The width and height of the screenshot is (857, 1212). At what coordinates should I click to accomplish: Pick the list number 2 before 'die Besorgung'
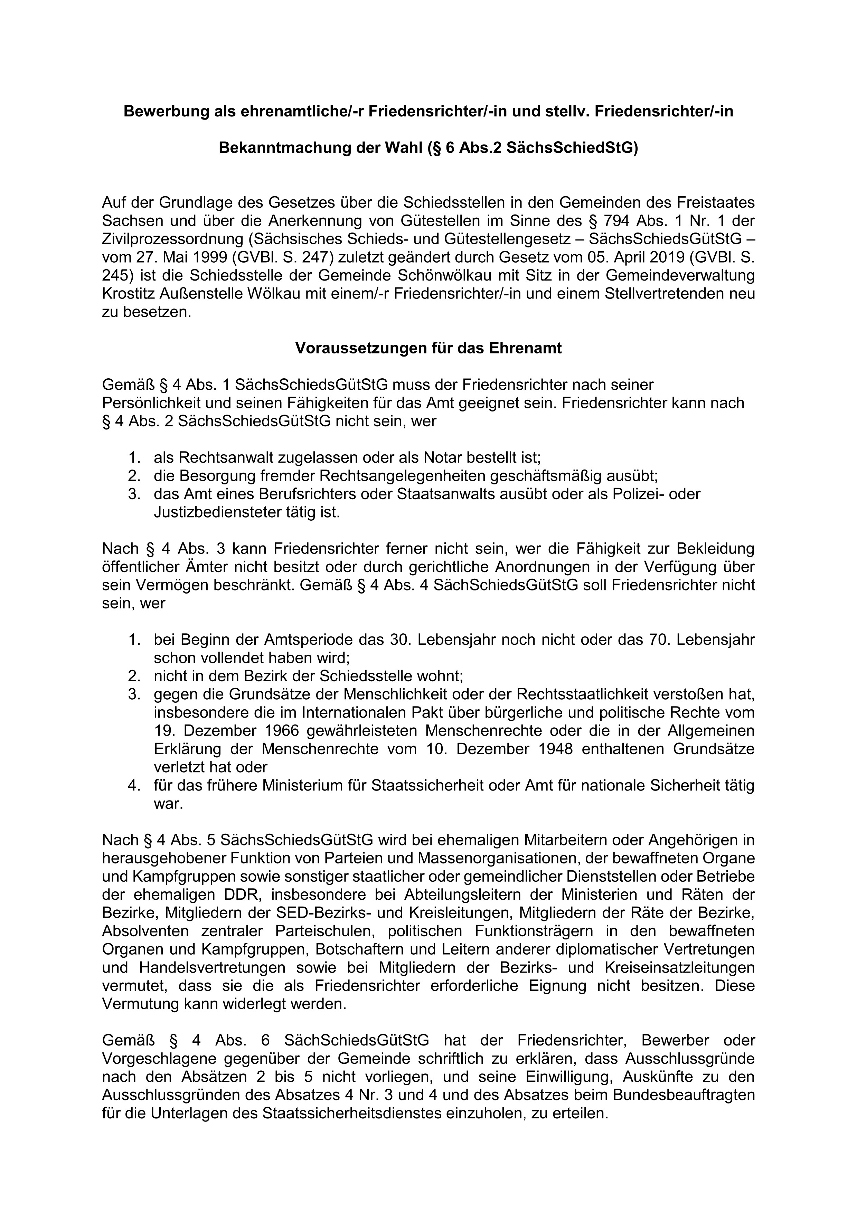pyautogui.click(x=133, y=476)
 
